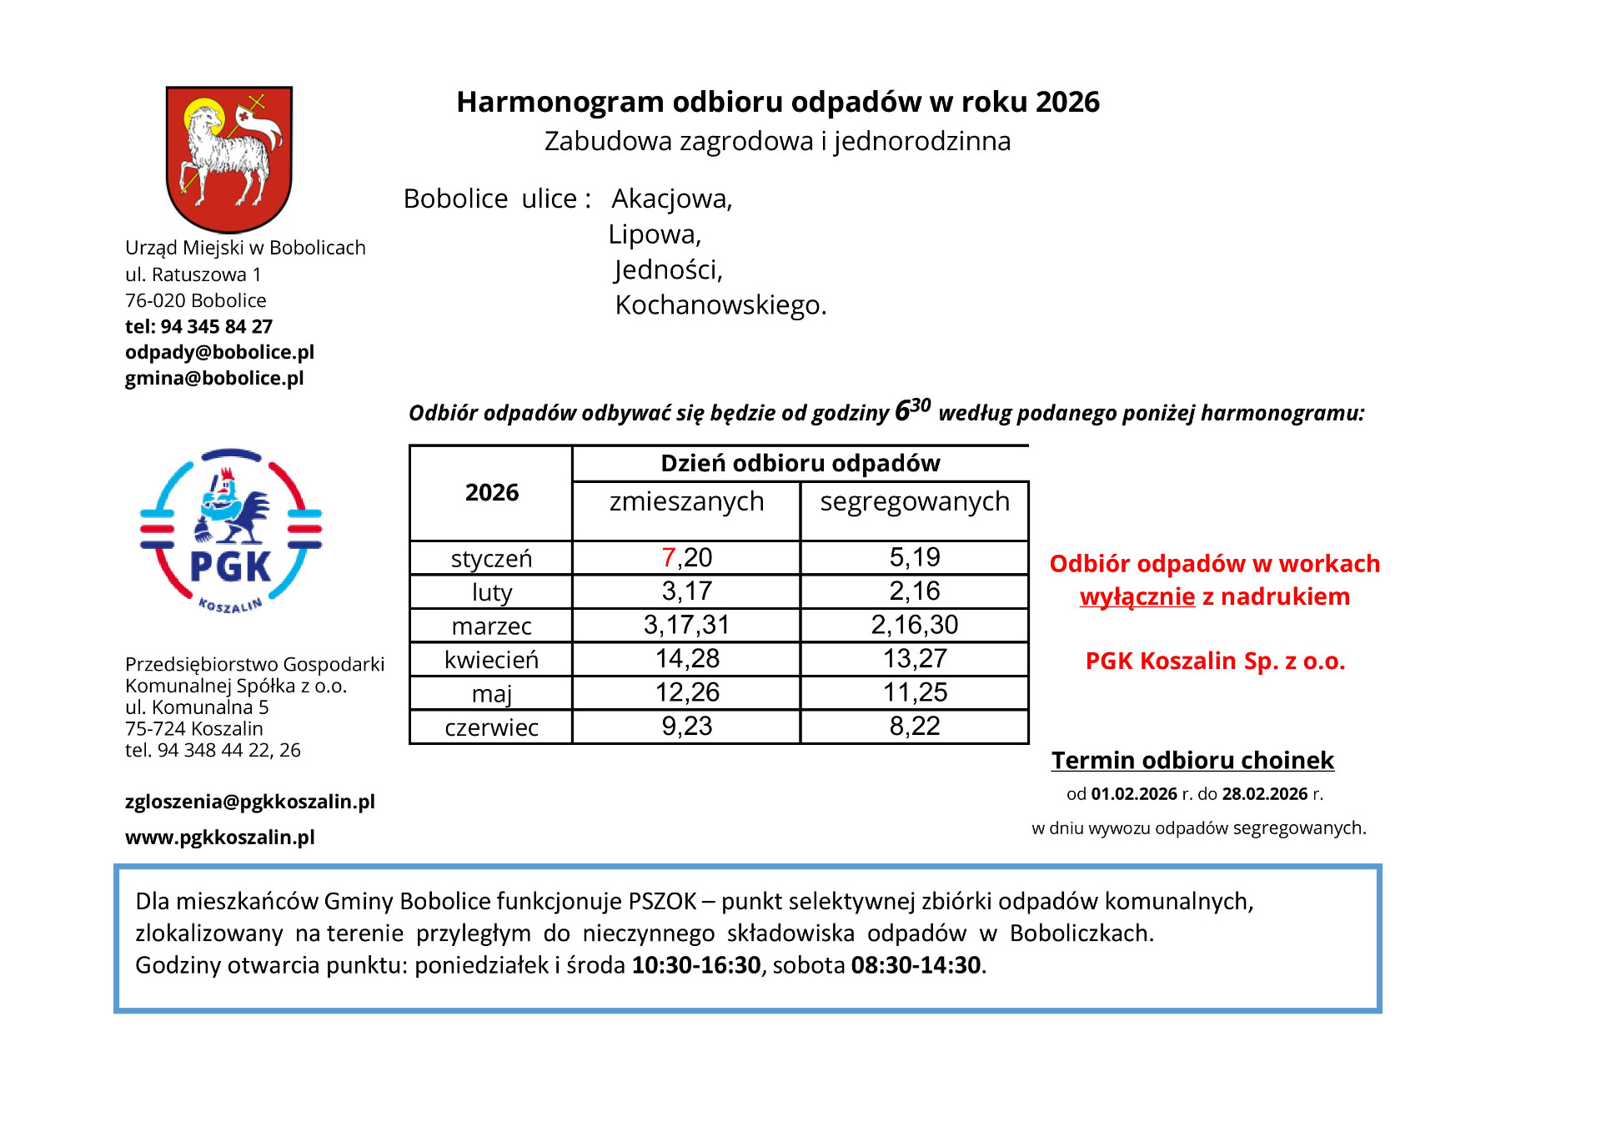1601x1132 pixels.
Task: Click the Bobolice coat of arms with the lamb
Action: click(229, 158)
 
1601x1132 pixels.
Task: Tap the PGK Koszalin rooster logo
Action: click(231, 531)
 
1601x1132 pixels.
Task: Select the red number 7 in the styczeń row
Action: click(668, 557)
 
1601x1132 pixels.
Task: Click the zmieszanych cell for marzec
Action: click(686, 625)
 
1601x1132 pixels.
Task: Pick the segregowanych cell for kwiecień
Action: click(915, 659)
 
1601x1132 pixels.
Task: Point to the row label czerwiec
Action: click(491, 727)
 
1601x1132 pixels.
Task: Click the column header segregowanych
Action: click(915, 501)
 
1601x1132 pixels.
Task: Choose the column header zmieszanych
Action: click(686, 501)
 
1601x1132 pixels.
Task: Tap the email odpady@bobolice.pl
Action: click(219, 352)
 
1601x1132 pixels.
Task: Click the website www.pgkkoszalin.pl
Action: click(220, 837)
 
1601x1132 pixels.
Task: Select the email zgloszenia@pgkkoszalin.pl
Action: click(250, 802)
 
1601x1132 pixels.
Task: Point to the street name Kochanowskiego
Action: click(720, 305)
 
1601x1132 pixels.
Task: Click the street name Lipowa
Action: click(655, 234)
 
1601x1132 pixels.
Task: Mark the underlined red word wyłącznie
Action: click(1137, 597)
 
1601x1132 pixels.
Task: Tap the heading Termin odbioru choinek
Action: click(1192, 761)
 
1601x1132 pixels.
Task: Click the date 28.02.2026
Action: click(1265, 794)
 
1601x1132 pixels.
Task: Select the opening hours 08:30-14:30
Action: click(916, 965)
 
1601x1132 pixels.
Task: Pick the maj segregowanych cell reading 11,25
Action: click(915, 692)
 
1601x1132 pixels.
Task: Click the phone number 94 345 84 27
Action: click(217, 326)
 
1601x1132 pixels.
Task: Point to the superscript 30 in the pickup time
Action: click(921, 405)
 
